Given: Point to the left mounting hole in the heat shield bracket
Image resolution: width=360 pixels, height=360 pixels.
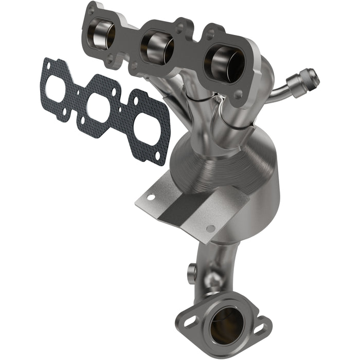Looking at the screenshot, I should tap(151, 196).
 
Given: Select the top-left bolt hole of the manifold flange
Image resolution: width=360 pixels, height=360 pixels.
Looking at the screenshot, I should tap(92, 10).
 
